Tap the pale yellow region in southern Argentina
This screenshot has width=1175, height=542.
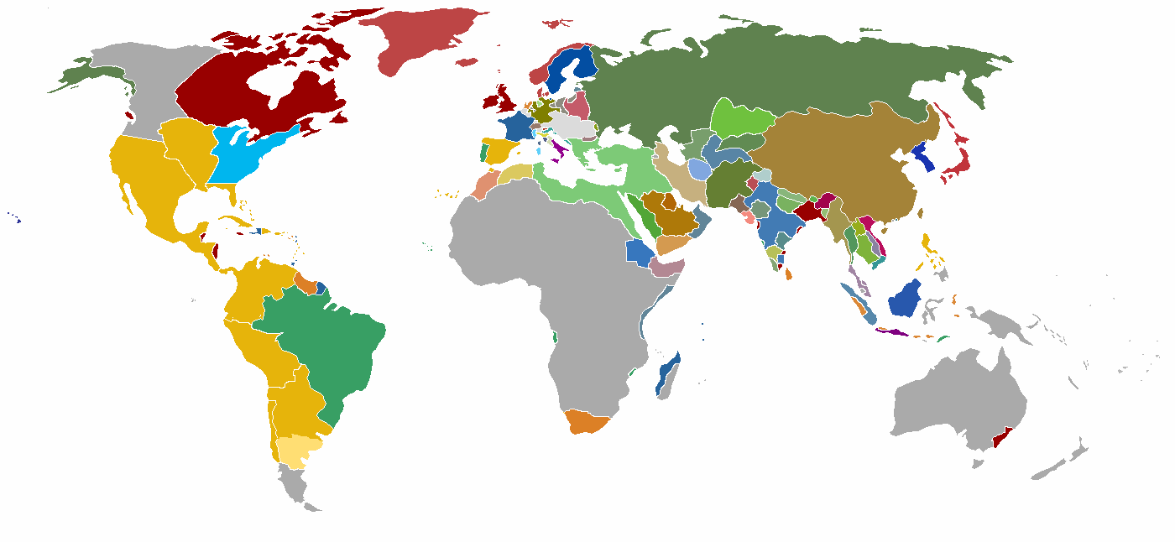298,453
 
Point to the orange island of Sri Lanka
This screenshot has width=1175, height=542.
789,274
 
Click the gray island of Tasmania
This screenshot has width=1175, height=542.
977,462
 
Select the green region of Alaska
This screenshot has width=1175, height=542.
92,74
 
